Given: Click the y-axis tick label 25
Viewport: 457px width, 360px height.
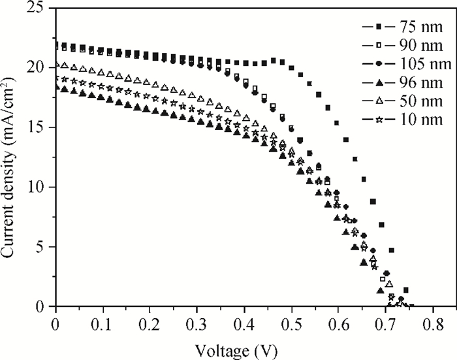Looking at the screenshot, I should tap(37, 8).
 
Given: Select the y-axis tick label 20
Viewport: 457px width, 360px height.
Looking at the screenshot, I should tap(37, 67).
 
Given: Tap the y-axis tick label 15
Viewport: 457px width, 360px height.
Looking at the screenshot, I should tap(37, 127).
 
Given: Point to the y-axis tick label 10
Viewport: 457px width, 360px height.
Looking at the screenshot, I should tap(37, 188).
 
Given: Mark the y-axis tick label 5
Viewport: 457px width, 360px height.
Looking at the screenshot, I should tap(41, 247).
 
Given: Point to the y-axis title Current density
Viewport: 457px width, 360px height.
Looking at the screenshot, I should tap(11, 160).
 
